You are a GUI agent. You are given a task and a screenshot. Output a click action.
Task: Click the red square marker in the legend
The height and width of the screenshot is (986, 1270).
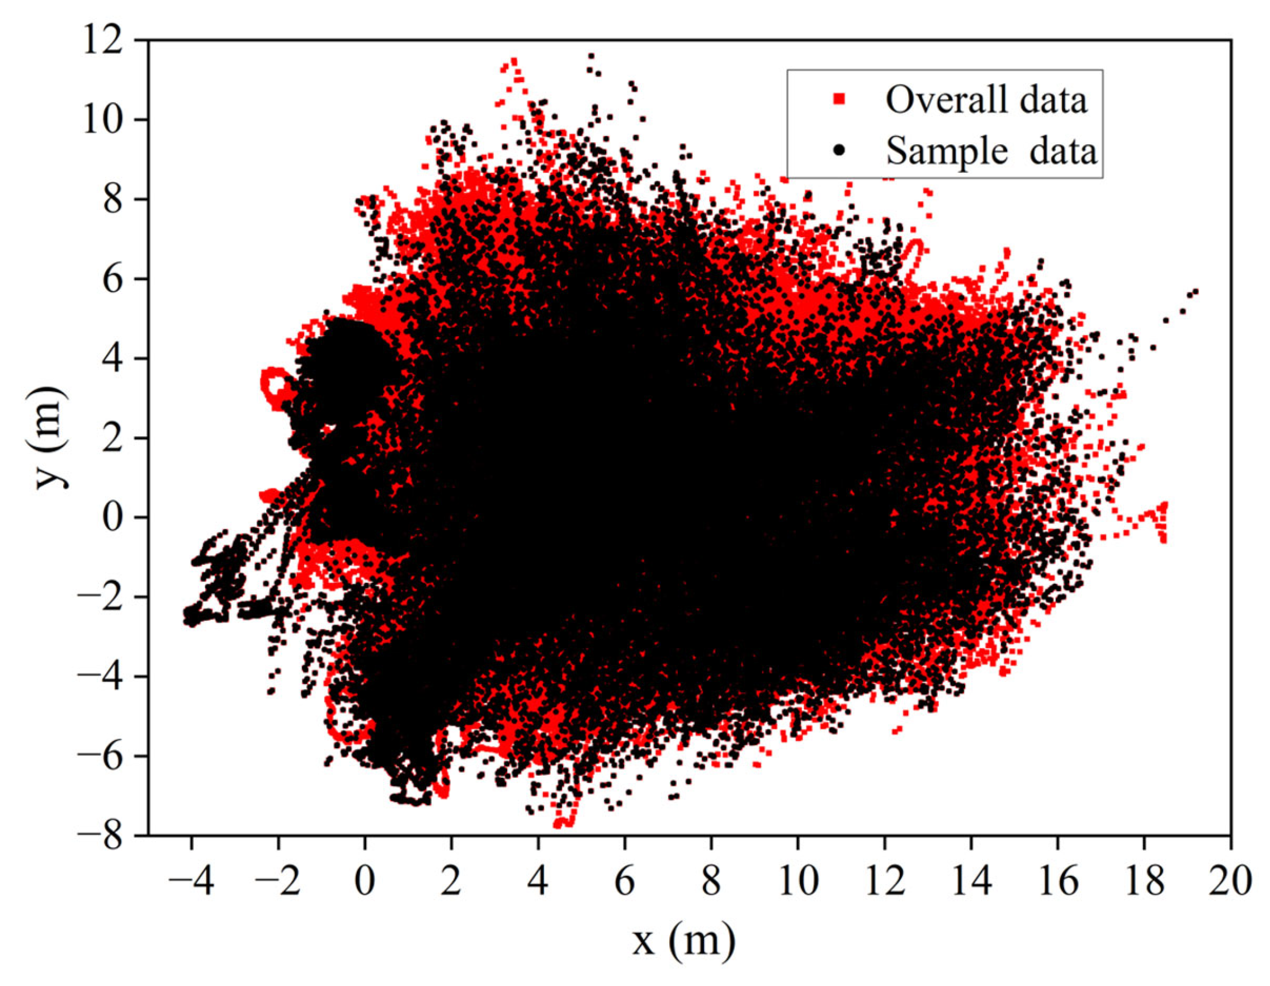(838, 100)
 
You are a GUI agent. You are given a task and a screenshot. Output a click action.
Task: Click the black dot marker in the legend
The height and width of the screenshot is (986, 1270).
(838, 150)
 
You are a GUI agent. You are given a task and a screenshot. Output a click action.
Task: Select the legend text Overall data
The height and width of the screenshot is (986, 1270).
(986, 100)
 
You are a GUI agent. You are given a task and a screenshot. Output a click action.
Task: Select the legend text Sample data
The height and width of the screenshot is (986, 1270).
(991, 150)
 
